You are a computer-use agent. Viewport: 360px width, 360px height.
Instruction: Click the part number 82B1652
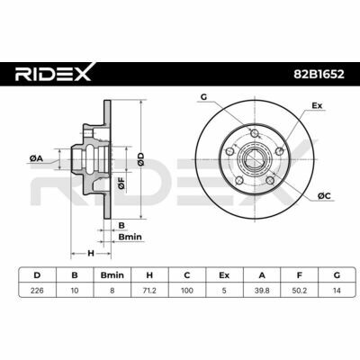319,74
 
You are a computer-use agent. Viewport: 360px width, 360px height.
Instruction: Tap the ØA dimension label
36,159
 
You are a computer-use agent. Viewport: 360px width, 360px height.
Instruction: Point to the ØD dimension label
141,159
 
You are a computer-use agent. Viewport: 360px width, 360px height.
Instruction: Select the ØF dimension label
121,183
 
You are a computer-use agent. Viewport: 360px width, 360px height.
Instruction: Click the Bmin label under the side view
130,237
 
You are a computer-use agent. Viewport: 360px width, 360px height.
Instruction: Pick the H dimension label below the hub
91,253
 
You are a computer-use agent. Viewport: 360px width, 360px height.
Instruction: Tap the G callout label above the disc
203,97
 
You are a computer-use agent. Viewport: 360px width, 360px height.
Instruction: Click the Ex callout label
317,105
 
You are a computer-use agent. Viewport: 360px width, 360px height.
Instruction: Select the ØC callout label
324,196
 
